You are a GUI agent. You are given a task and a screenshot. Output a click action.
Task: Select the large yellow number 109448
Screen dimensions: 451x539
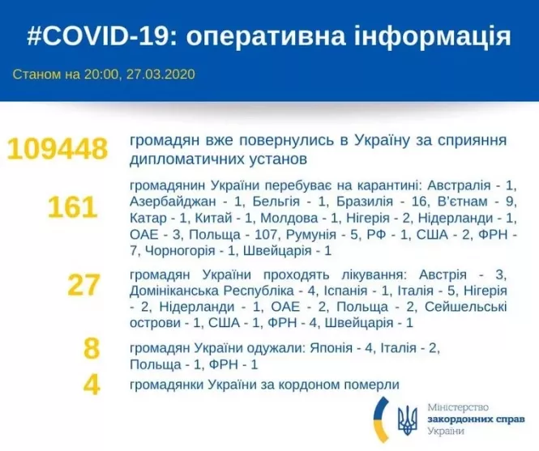click(x=56, y=148)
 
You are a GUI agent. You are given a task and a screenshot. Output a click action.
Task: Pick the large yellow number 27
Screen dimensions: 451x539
click(x=83, y=285)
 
